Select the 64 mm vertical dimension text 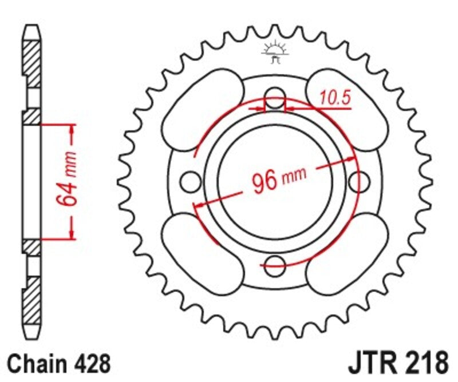point(64,180)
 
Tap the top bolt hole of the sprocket point(276,95)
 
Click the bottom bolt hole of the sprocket point(275,264)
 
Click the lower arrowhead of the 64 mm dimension point(72,232)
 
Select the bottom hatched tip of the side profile point(32,307)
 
